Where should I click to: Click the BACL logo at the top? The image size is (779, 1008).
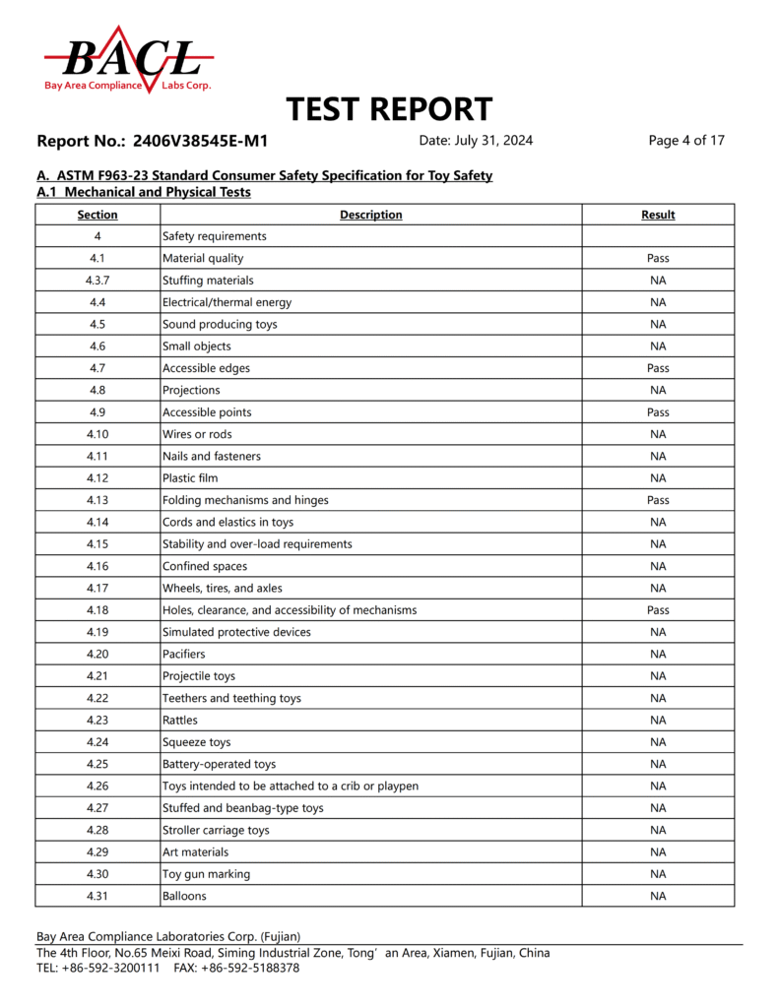click(128, 60)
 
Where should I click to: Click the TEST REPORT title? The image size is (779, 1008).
click(389, 109)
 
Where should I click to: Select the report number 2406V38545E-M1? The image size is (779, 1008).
click(200, 141)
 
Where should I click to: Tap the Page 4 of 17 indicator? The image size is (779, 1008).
click(686, 141)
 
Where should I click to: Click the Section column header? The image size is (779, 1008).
click(97, 215)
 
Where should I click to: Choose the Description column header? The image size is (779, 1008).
click(370, 215)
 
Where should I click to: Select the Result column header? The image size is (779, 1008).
click(658, 215)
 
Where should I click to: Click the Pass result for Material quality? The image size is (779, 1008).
click(658, 258)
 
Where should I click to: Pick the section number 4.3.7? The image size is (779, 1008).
click(97, 281)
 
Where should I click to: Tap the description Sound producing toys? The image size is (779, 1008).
click(220, 324)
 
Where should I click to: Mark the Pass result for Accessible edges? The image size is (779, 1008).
click(658, 368)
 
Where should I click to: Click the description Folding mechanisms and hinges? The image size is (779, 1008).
click(245, 500)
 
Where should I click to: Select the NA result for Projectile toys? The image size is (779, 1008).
click(658, 676)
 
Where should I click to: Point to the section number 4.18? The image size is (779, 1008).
click(97, 610)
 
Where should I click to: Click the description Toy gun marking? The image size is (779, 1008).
click(206, 874)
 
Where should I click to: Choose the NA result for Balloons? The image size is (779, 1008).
click(658, 896)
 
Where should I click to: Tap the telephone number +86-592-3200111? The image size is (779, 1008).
click(111, 968)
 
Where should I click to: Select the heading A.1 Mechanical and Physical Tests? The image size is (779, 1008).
click(144, 192)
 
